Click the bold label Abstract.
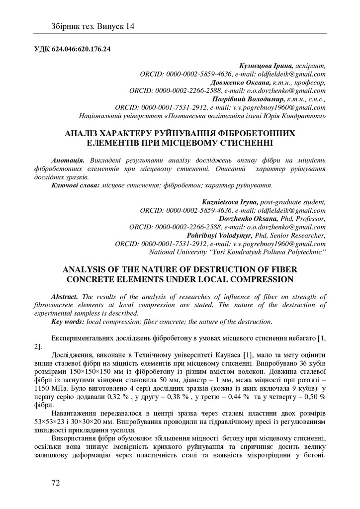[65, 296]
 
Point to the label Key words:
[68, 322]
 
